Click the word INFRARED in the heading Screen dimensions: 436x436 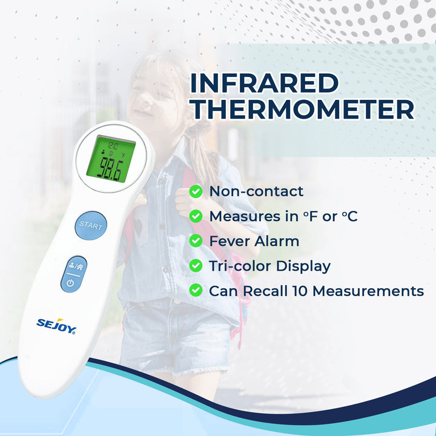coord(263,83)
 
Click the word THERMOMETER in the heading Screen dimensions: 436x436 coord(302,110)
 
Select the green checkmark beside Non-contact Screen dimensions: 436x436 coord(196,191)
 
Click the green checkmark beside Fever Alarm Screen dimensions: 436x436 coord(196,241)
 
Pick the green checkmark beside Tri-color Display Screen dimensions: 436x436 coord(196,266)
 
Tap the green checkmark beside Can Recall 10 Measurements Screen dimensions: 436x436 coord(196,291)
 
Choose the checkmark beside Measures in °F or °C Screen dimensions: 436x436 coord(196,216)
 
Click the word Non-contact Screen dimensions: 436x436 coord(256,191)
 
